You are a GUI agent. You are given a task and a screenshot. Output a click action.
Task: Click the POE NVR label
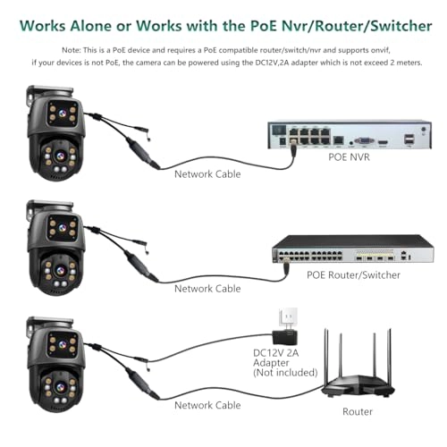[x=349, y=157]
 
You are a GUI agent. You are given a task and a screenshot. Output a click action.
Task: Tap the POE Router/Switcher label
[x=353, y=274]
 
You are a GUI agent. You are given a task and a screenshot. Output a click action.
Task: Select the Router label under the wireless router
[x=358, y=411]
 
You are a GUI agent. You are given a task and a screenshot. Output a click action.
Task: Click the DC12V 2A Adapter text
[x=275, y=358]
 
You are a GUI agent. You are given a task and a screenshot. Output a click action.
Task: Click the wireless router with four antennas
[x=358, y=377]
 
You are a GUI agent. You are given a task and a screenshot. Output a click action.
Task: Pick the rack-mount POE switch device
[x=353, y=249]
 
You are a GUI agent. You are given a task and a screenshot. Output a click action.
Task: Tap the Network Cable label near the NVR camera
[x=207, y=174]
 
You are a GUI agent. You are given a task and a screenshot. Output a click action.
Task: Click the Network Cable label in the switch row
[x=207, y=289]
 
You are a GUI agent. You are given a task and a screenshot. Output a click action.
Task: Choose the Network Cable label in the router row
[x=207, y=405]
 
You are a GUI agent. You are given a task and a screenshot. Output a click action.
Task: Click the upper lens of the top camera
[x=63, y=114]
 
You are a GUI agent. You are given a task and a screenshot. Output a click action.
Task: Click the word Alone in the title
[x=91, y=26]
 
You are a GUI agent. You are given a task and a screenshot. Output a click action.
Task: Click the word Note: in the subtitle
[x=72, y=50]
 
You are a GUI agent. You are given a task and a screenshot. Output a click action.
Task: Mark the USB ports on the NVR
[x=409, y=139]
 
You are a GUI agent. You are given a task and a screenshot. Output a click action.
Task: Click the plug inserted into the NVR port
[x=293, y=149]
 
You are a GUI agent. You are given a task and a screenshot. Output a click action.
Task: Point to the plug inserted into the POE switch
[x=286, y=267]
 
